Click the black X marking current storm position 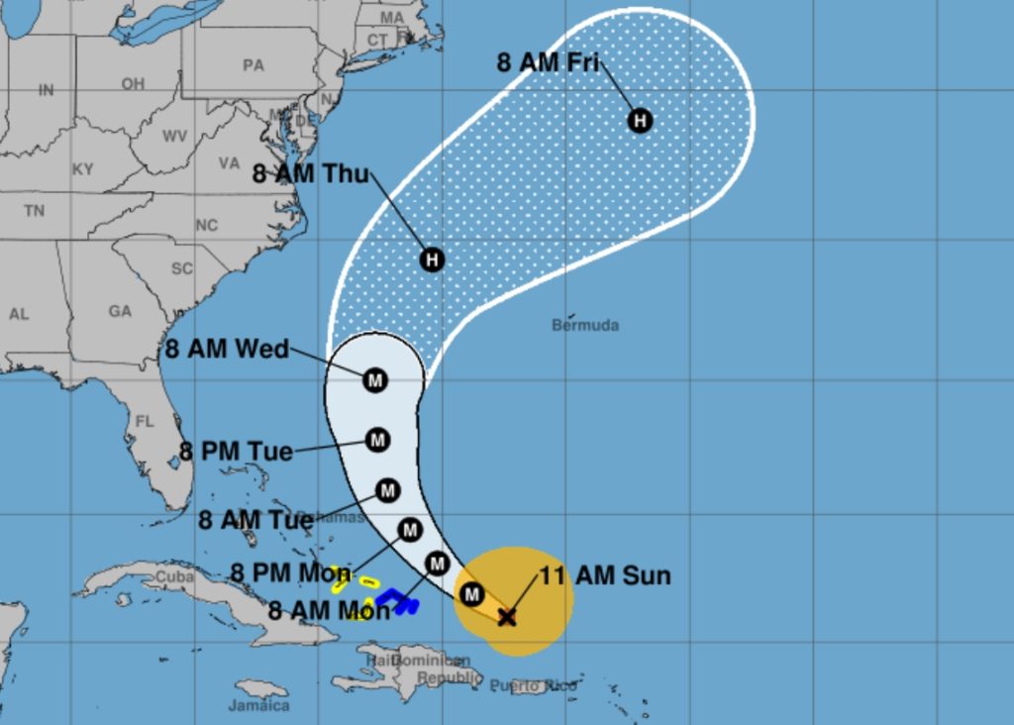tap(507, 617)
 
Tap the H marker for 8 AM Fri tap(641, 121)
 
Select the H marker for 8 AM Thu tap(432, 259)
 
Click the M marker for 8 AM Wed tap(374, 379)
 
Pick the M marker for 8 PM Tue tap(377, 440)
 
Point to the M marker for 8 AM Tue tap(387, 490)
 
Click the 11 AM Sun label tap(605, 575)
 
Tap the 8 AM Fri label tap(548, 62)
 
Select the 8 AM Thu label tap(310, 175)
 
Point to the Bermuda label tap(585, 325)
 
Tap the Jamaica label tap(258, 706)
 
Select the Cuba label tap(174, 576)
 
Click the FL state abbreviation tap(145, 422)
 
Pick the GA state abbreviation tap(120, 311)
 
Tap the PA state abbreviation tap(253, 65)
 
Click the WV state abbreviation tap(174, 136)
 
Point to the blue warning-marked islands tap(396, 600)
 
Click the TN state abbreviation tap(35, 211)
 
